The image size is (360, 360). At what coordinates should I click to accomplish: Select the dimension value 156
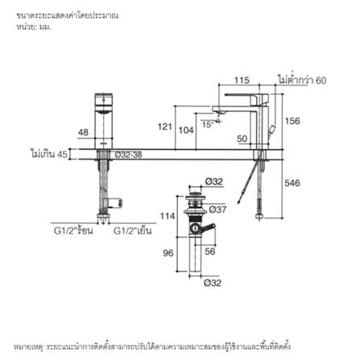tap(293, 121)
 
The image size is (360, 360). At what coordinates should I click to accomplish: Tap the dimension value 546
tap(293, 183)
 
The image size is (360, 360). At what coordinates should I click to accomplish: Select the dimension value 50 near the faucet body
tap(242, 139)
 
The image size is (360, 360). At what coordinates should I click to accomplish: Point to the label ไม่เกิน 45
tap(48, 153)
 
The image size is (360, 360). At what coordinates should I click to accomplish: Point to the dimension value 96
tap(168, 252)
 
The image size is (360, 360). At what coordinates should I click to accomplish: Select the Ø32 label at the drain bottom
tap(213, 283)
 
